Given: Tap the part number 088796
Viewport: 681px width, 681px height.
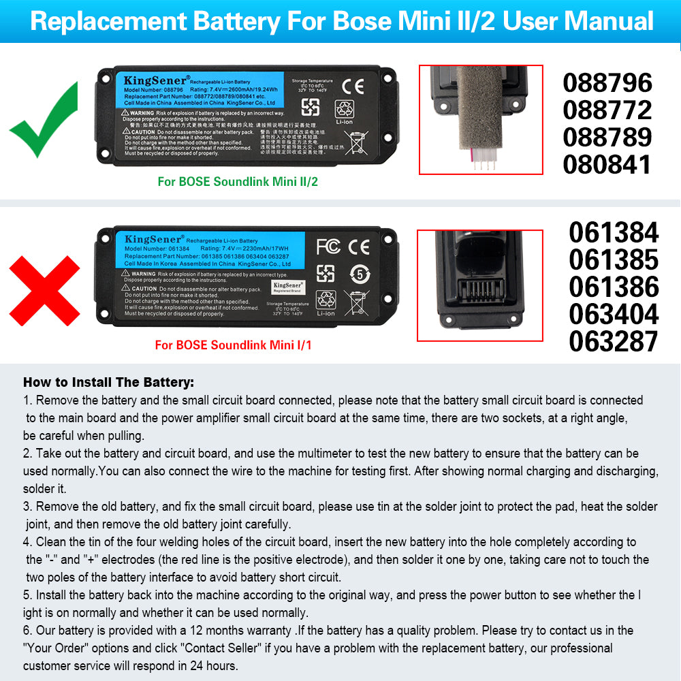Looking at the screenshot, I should coord(607,83).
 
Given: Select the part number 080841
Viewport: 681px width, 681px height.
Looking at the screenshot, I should coord(607,164).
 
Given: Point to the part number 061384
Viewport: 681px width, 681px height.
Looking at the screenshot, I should coord(614,233).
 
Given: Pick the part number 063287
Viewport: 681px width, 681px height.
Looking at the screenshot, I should coord(614,341).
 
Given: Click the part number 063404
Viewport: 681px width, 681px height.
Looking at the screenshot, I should coord(614,314).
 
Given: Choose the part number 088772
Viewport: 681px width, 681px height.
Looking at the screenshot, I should coord(607,110).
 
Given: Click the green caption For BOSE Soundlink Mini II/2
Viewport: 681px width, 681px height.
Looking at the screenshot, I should coord(238,182).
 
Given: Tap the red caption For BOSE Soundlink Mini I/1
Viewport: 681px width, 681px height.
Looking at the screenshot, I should coord(233,345).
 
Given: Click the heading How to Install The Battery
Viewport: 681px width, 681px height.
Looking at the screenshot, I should coord(108,383).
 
